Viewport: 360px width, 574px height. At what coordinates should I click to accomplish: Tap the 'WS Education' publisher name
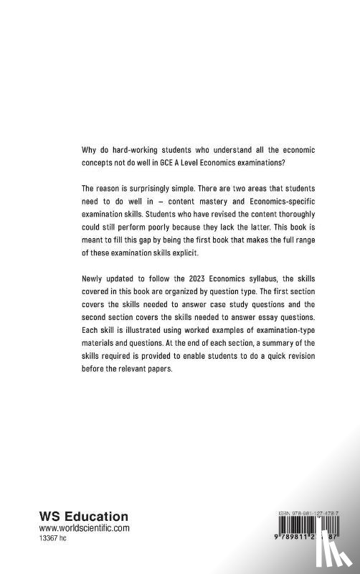[x=83, y=517]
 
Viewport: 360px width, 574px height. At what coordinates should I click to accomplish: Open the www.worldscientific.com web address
[x=83, y=528]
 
